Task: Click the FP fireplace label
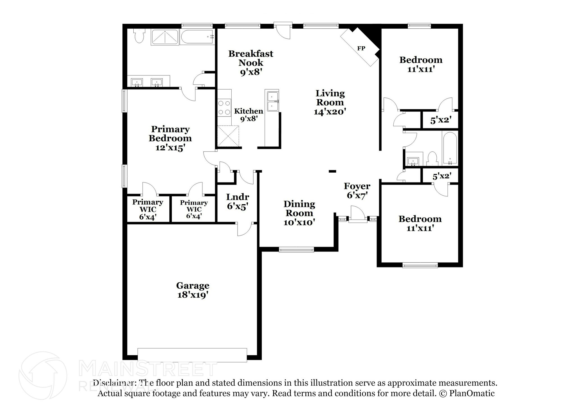tap(361, 48)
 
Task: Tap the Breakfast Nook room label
tap(250, 58)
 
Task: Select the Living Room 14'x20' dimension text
tap(330, 112)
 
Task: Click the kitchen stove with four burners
tap(224, 108)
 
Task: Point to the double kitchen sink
tap(272, 101)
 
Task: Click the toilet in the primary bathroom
tap(139, 36)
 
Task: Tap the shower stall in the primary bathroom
tap(165, 38)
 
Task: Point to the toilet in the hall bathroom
tap(432, 159)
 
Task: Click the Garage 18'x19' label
tap(193, 290)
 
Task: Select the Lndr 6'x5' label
tap(238, 202)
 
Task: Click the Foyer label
tap(357, 186)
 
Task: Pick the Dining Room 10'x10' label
tap(299, 213)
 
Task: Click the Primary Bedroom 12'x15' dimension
tap(170, 147)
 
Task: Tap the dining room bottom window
tap(296, 250)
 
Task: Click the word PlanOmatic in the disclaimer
tap(472, 393)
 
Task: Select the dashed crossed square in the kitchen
tap(228, 136)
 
